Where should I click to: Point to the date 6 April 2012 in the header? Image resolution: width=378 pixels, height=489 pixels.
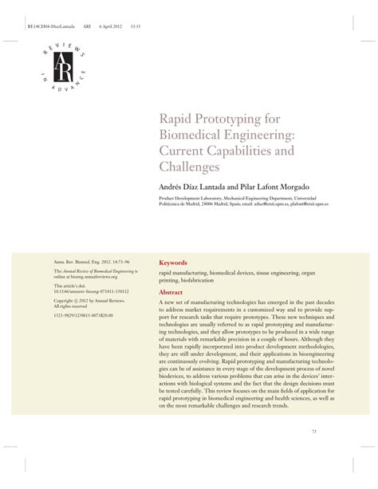tap(109, 23)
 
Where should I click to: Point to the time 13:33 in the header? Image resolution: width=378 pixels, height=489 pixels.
tap(136, 23)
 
